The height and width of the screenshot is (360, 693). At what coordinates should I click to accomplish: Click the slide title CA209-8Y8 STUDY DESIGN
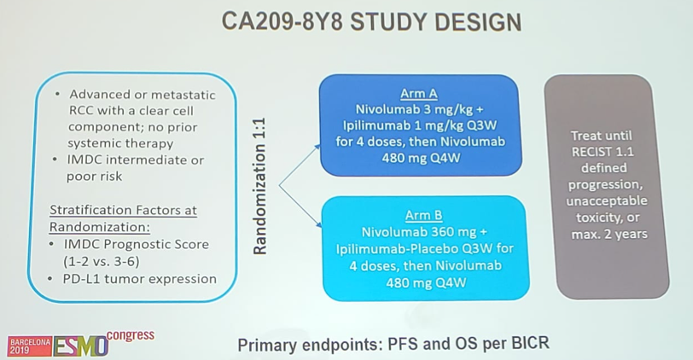(x=371, y=22)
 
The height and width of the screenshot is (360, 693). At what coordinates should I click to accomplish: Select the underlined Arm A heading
(x=418, y=93)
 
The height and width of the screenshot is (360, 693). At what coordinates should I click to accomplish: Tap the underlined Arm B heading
(x=424, y=215)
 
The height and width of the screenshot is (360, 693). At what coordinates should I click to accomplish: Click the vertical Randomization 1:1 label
(x=259, y=186)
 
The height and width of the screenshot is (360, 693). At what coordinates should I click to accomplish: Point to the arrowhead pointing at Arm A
(x=317, y=147)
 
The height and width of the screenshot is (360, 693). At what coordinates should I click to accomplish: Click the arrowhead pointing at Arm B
(x=318, y=225)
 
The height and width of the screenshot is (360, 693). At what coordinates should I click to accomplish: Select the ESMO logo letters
(x=81, y=345)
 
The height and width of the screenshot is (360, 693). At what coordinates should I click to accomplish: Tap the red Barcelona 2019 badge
(x=30, y=345)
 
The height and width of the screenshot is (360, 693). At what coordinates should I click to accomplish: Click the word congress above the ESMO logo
(x=131, y=336)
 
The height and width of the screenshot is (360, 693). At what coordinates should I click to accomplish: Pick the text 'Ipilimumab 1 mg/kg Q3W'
(x=420, y=125)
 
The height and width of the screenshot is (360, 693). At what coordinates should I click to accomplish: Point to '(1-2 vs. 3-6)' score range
(x=102, y=262)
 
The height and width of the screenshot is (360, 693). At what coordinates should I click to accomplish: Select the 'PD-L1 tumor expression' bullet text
(x=140, y=279)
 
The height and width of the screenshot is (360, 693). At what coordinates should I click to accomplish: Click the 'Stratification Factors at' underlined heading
(x=123, y=210)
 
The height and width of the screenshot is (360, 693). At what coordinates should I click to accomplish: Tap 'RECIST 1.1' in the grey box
(x=603, y=152)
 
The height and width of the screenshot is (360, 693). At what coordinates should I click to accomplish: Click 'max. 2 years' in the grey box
(x=609, y=234)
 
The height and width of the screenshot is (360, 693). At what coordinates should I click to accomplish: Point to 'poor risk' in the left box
(x=94, y=177)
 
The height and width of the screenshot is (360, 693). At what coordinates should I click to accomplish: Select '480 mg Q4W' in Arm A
(x=422, y=158)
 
